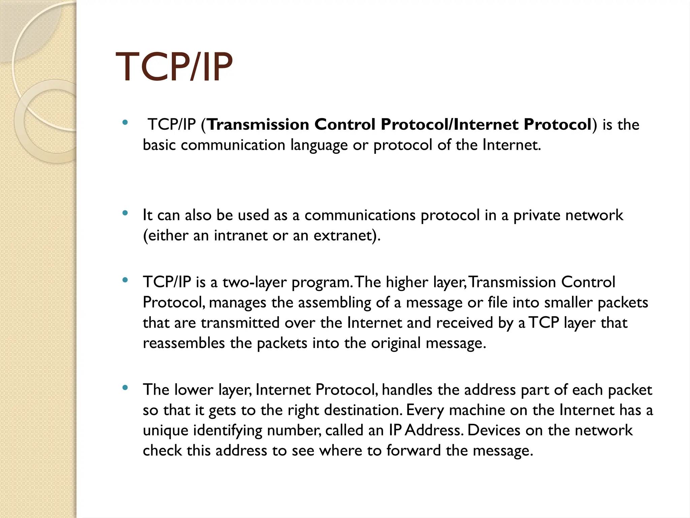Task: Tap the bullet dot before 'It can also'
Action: point(125,213)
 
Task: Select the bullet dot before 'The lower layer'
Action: point(125,388)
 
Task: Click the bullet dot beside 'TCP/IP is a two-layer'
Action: point(125,280)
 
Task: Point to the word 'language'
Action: point(319,146)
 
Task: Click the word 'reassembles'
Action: point(184,343)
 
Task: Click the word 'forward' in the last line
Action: point(413,451)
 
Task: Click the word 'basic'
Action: point(159,145)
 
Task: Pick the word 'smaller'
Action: point(568,303)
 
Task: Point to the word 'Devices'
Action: point(494,430)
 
